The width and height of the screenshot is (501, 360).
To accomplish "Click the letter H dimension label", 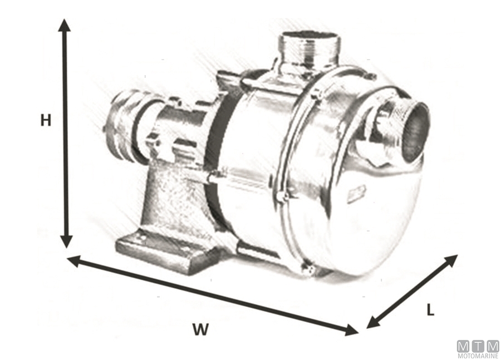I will pyautogui.click(x=46, y=120).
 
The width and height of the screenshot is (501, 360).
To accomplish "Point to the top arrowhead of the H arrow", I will pyautogui.click(x=65, y=26).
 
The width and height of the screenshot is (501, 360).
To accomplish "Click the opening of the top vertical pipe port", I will pyautogui.click(x=310, y=36).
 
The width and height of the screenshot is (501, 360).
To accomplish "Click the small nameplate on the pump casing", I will pyautogui.click(x=356, y=194).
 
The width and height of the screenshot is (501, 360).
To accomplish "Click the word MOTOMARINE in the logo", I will pyautogui.click(x=478, y=354).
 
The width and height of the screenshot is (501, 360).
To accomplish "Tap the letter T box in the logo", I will pyautogui.click(x=478, y=346).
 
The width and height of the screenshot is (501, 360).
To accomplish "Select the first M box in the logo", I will pyautogui.click(x=464, y=346).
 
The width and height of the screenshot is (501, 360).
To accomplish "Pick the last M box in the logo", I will pyautogui.click(x=493, y=346).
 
